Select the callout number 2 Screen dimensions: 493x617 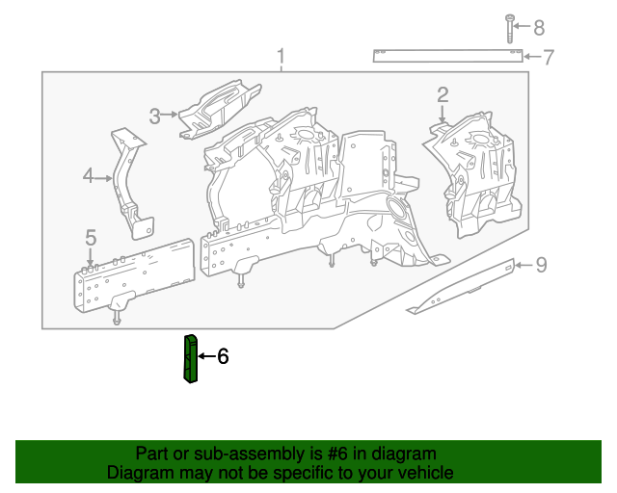tap(443, 94)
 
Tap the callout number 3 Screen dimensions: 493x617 tap(154, 117)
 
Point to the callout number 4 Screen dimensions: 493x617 tap(88, 176)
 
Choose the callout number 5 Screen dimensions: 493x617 tap(91, 237)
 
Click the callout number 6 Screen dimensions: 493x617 tap(223, 356)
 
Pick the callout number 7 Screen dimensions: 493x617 tap(548, 57)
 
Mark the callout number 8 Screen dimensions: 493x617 tap(539, 26)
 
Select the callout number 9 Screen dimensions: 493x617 tap(541, 264)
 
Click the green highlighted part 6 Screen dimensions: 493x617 tap(190, 357)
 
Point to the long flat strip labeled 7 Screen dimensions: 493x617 tap(448, 55)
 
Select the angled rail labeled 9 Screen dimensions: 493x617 tap(463, 287)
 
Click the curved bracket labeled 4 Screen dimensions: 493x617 tap(129, 183)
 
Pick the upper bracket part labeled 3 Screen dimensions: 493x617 tap(220, 109)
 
